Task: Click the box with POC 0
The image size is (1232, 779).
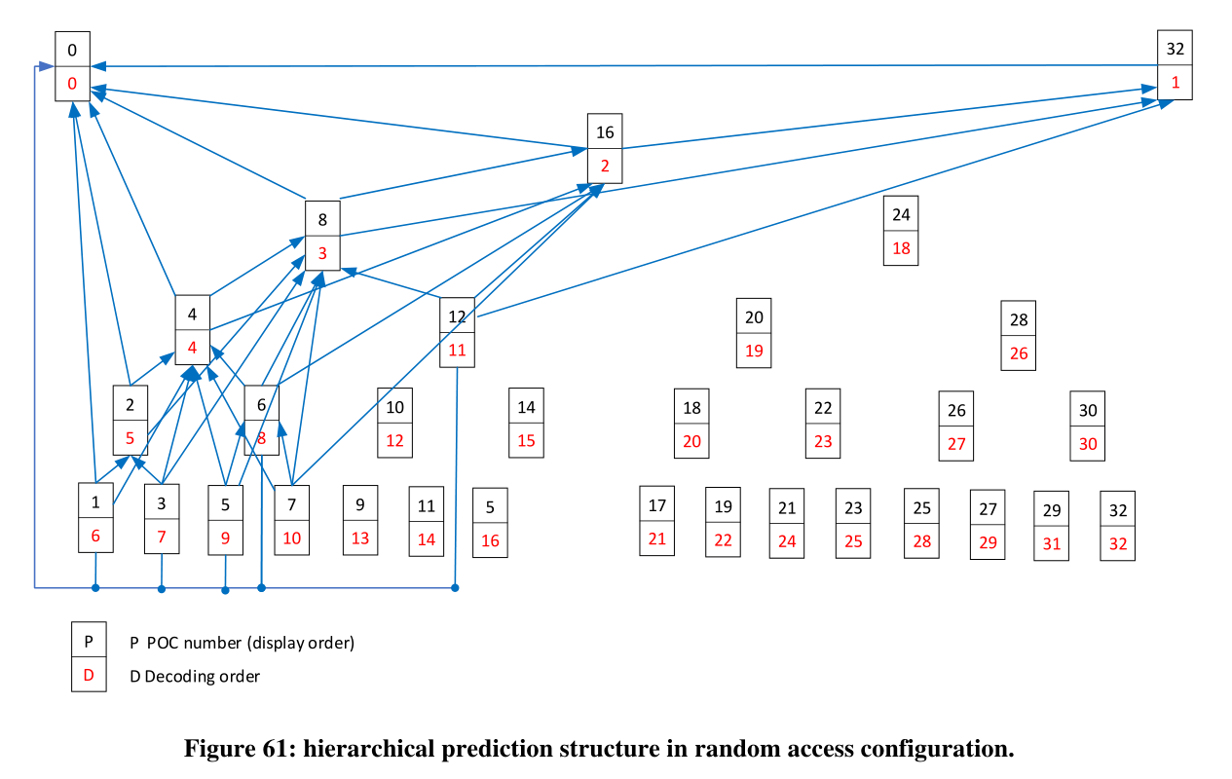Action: (72, 66)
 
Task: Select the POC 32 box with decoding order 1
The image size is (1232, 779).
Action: (1175, 65)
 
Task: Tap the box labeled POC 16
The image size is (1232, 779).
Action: (605, 148)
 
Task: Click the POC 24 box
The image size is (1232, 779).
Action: (901, 231)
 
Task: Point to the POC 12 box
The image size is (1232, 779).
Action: (458, 332)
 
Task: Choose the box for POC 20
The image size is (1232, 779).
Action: (754, 333)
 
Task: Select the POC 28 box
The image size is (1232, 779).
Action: (1019, 336)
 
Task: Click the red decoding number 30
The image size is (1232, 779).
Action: (1088, 443)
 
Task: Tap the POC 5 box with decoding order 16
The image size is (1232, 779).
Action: (490, 523)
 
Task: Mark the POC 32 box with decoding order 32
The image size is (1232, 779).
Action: (1117, 526)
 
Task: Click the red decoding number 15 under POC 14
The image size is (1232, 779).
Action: (526, 440)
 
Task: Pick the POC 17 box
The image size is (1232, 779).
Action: (657, 521)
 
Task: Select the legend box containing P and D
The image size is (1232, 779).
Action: (89, 658)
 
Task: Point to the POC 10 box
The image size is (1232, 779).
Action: (394, 423)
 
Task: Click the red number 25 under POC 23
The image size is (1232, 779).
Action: (853, 540)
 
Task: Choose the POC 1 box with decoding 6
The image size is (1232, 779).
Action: (95, 518)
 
